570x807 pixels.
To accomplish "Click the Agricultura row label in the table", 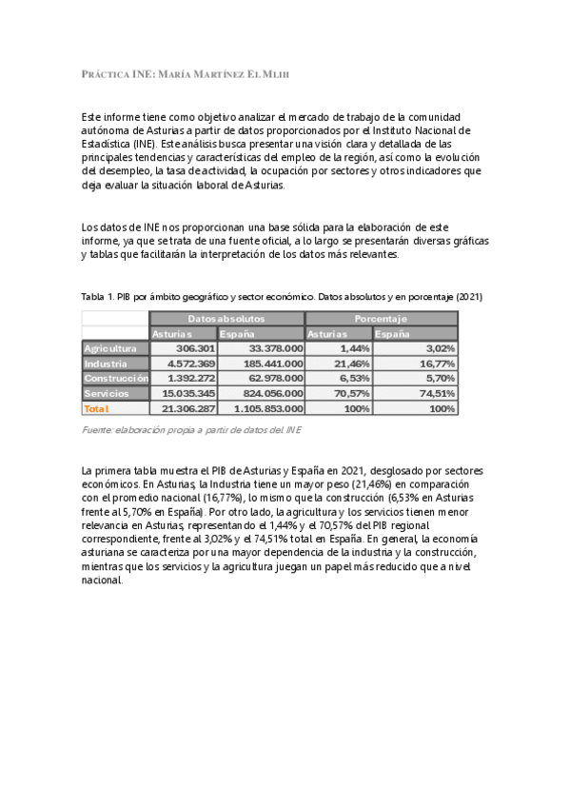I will (x=110, y=349).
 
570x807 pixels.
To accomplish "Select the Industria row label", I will (x=106, y=364).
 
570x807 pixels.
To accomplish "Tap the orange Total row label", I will (x=97, y=408).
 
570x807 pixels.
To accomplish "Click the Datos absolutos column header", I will (x=226, y=319).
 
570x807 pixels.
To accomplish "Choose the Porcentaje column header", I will (x=381, y=319).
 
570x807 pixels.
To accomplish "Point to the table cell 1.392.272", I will (x=191, y=378).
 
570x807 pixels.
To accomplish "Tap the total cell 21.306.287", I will (x=189, y=408).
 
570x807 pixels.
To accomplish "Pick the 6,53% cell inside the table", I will (x=354, y=378).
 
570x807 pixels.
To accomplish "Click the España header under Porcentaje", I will (x=393, y=334).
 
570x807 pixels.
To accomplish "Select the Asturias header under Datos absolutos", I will (x=172, y=334).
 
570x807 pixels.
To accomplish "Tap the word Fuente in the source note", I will (x=100, y=432).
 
